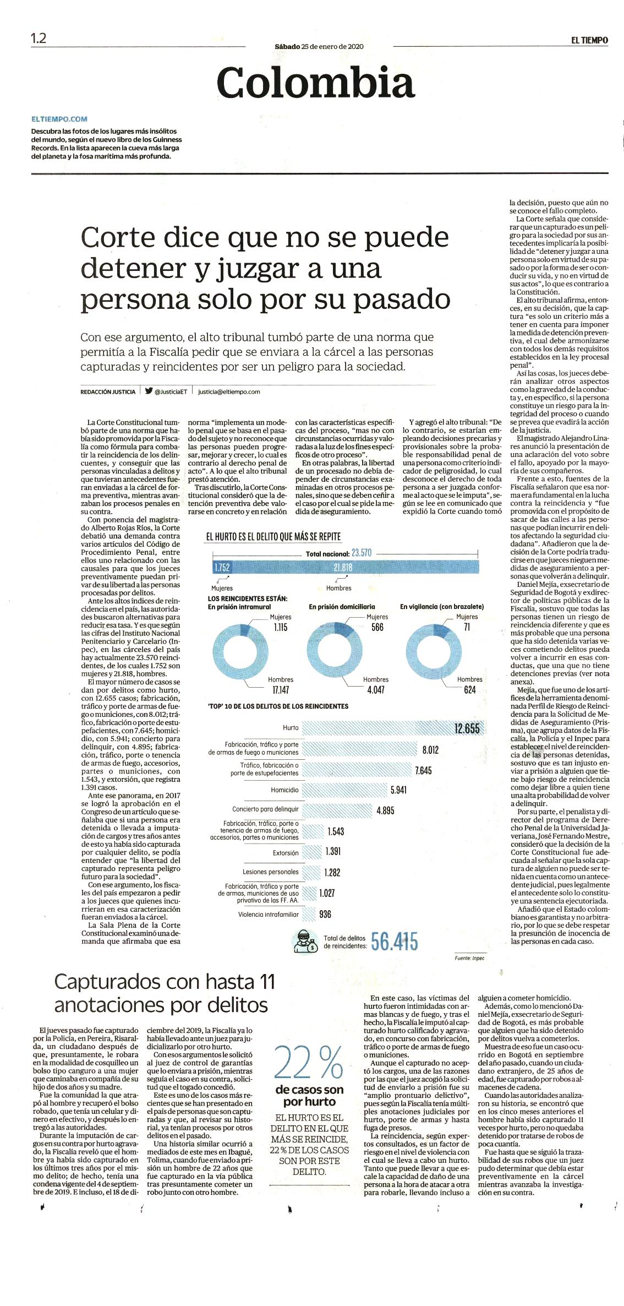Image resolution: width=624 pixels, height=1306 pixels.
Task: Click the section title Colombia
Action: click(315, 83)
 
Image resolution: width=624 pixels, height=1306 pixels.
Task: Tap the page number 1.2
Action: click(39, 39)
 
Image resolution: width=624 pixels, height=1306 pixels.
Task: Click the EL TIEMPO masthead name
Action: click(589, 40)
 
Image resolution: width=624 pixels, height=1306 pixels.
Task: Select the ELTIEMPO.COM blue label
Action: click(59, 119)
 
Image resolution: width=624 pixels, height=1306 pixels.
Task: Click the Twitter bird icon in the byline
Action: click(149, 391)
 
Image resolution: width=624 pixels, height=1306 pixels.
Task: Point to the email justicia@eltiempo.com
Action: click(229, 392)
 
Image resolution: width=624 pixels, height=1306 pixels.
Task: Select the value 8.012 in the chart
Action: click(430, 750)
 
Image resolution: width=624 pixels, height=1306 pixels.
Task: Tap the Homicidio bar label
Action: click(284, 790)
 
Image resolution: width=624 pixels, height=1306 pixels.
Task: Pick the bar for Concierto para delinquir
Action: click(338, 810)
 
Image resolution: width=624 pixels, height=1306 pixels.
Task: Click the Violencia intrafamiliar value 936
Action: click(325, 915)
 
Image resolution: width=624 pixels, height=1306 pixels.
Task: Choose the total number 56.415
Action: click(395, 942)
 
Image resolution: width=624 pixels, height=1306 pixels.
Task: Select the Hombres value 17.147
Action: click(281, 690)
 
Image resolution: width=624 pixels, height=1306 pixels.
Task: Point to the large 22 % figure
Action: click(308, 1063)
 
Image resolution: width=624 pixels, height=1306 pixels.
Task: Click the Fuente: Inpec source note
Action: click(470, 958)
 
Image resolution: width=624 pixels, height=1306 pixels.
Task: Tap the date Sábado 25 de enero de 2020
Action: click(319, 47)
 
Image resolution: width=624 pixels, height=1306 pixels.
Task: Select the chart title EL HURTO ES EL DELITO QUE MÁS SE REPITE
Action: click(273, 537)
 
